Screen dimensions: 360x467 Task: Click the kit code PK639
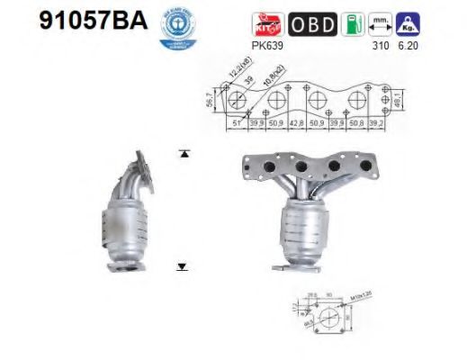(265, 42)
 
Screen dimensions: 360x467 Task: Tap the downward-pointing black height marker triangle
(183, 266)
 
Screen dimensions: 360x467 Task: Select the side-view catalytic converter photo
(132, 211)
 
